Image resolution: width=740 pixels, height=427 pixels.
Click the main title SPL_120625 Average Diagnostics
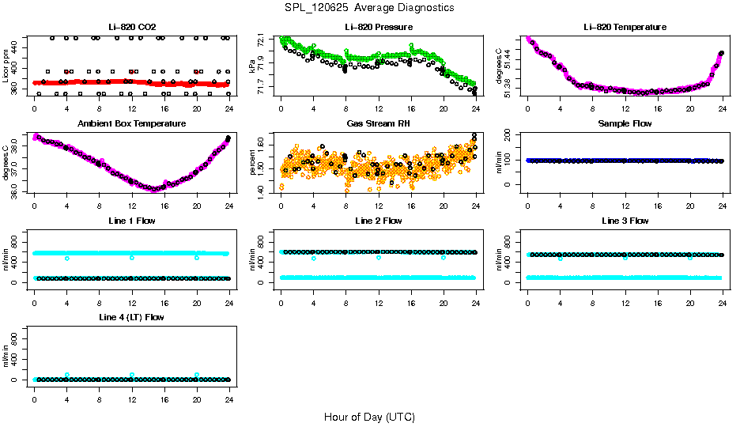[370, 7]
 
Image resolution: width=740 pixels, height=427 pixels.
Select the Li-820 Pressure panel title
[378, 27]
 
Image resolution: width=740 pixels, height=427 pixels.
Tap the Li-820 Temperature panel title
[625, 27]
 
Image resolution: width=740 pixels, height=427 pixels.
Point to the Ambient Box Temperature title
[131, 123]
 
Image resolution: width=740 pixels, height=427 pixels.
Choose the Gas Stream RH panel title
[378, 123]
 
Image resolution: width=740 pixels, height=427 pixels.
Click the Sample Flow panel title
[625, 123]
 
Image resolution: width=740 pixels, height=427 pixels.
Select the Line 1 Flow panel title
[131, 221]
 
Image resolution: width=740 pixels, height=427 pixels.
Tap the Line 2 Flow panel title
[378, 221]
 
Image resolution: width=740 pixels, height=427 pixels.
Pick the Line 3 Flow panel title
[625, 221]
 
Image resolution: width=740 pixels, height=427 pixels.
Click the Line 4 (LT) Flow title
[131, 317]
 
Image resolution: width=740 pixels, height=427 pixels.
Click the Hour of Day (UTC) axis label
[369, 417]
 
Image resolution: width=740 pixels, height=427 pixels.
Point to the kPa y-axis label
[252, 66]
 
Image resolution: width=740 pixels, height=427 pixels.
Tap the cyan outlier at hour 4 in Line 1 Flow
[67, 258]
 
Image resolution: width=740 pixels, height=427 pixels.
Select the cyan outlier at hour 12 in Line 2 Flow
[379, 258]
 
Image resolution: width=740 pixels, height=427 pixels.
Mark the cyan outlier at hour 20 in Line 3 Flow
[690, 258]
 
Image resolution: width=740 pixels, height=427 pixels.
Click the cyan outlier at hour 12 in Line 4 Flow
[132, 375]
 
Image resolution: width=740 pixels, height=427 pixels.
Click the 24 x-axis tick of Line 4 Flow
[229, 392]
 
